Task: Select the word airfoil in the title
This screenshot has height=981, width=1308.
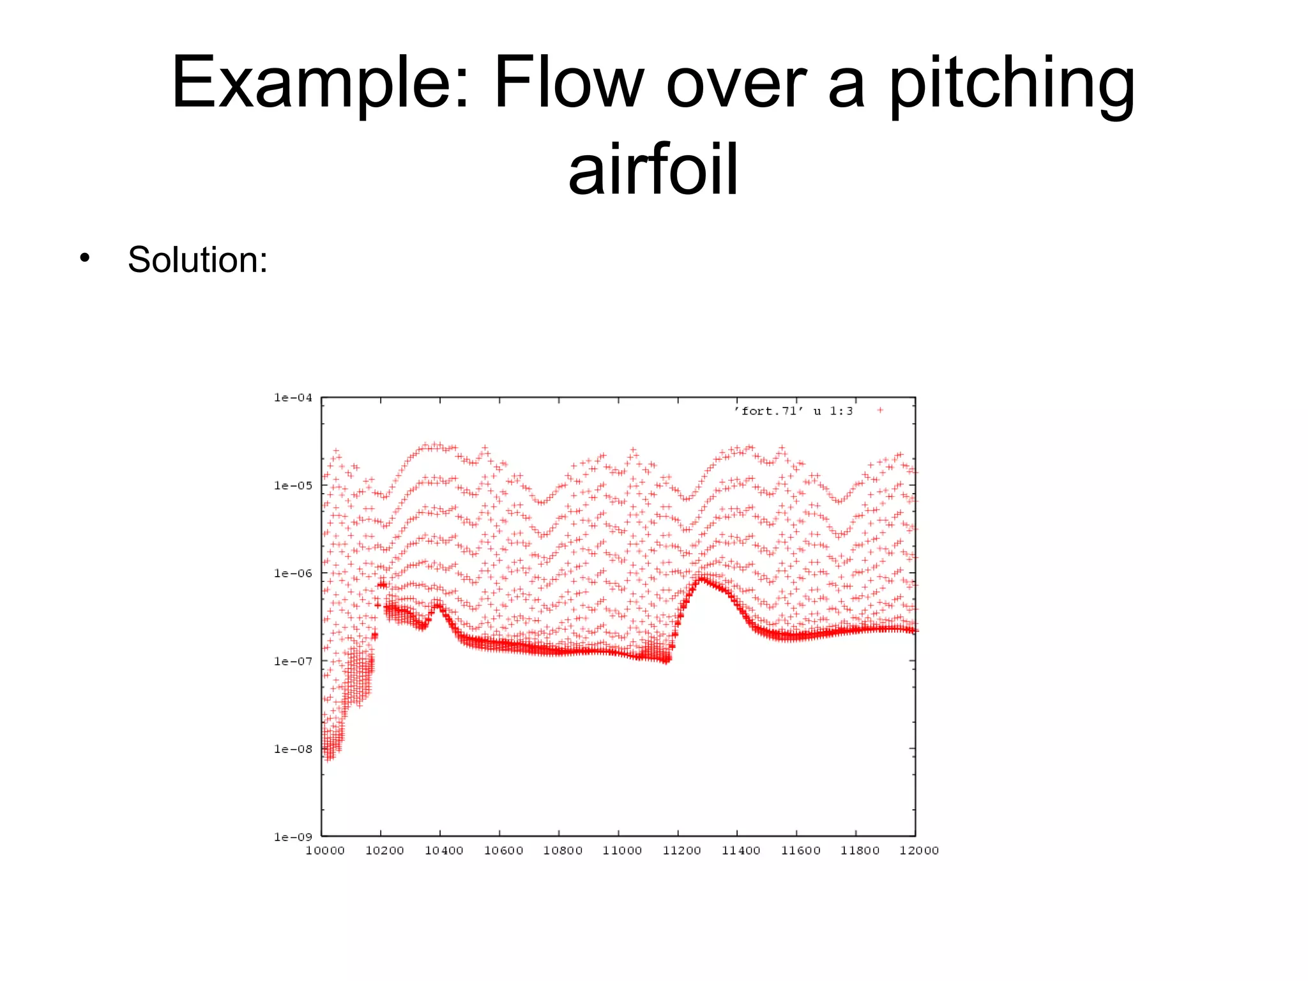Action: [x=653, y=169]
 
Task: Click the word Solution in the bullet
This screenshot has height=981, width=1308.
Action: [x=197, y=260]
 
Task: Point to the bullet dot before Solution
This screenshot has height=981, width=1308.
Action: [x=84, y=258]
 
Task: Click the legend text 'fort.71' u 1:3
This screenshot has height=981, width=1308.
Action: [x=793, y=411]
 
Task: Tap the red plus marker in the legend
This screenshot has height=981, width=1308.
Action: [x=880, y=411]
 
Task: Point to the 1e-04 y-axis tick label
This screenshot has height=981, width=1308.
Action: [x=293, y=397]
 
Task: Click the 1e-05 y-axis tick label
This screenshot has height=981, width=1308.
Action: [x=293, y=485]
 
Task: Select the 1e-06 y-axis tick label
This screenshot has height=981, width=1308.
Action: [x=293, y=573]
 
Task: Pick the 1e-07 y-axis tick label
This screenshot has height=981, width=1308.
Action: [x=293, y=661]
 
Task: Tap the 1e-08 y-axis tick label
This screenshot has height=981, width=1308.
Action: [x=293, y=749]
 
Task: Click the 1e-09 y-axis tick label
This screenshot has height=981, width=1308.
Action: [x=293, y=837]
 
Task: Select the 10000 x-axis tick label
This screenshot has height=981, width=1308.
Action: [x=324, y=850]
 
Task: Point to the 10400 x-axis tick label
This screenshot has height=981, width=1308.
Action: [x=444, y=850]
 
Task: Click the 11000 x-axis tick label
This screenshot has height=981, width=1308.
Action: [x=622, y=850]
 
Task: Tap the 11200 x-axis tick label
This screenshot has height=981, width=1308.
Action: [x=681, y=850]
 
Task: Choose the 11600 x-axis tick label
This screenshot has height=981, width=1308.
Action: [x=800, y=850]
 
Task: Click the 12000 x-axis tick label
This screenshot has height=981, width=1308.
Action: [x=918, y=850]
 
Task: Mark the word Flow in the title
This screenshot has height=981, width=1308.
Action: [x=568, y=83]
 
